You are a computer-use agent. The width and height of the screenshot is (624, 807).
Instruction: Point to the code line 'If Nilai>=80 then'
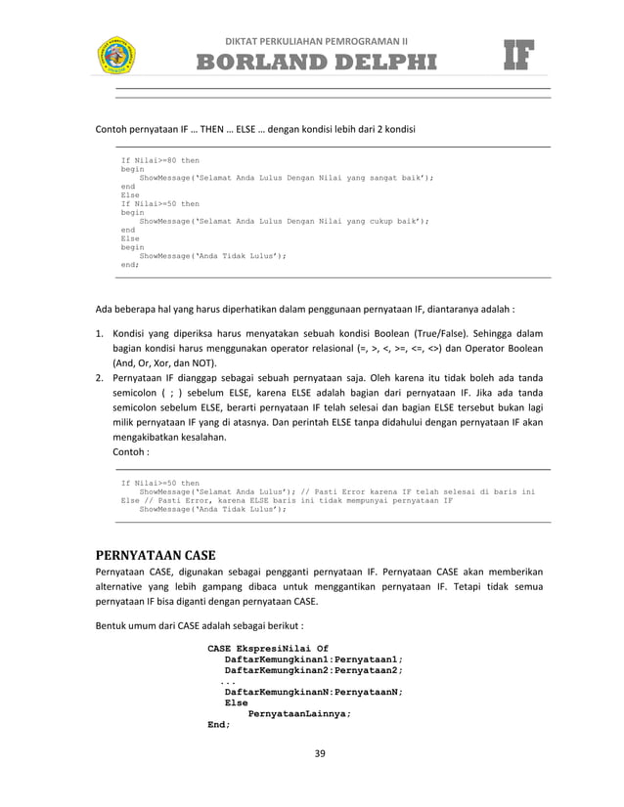click(x=159, y=159)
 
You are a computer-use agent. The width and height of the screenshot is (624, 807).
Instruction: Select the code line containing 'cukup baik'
click(x=284, y=221)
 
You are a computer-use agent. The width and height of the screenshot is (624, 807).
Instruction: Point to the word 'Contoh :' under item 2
click(x=132, y=453)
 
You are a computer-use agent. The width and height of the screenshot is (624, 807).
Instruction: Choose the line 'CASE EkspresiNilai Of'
click(x=268, y=648)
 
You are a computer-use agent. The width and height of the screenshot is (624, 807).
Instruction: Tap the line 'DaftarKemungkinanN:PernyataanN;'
click(x=313, y=689)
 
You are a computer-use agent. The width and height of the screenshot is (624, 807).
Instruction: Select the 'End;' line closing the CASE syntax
click(x=219, y=724)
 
